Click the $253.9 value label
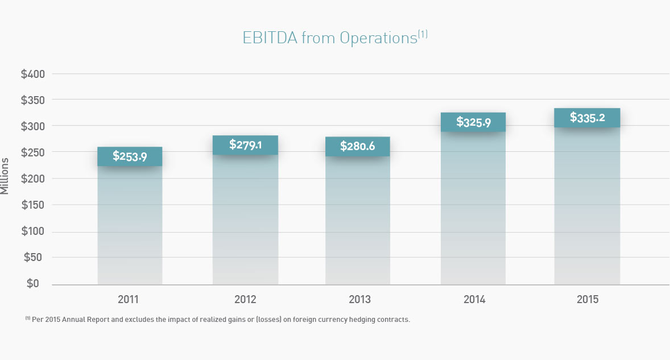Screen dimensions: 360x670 pos(130,156)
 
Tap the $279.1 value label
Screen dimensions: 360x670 pos(245,145)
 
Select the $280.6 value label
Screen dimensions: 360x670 pos(357,146)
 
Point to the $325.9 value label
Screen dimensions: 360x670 pos(473,122)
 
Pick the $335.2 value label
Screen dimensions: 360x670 pos(587,118)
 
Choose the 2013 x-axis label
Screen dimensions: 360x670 pos(359,300)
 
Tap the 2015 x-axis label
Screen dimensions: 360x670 pos(588,300)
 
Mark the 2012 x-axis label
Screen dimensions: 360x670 pos(245,300)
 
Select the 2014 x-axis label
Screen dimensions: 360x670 pos(474,300)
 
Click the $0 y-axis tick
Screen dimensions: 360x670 pos(32,283)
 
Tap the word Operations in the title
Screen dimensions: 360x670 pos(378,38)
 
